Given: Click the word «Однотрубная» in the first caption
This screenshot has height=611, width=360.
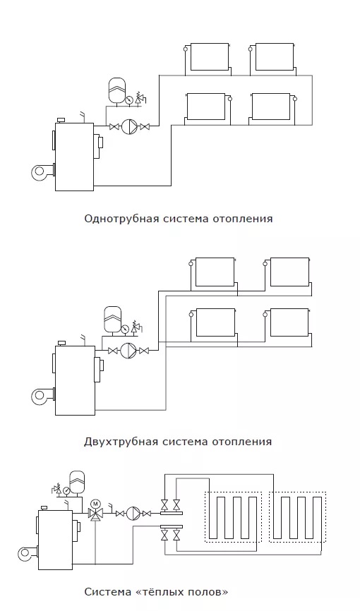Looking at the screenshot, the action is coord(121,218).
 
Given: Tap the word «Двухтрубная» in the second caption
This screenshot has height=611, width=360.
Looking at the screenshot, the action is coord(121,442).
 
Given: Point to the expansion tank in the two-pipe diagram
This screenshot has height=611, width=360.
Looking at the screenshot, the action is coord(113,319).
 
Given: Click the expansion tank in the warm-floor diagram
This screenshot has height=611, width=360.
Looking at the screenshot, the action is coord(77,483).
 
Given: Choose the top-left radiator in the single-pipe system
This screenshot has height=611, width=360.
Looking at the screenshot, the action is coord(210,57).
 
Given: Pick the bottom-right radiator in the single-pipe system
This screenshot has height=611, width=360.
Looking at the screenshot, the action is coord(270,107).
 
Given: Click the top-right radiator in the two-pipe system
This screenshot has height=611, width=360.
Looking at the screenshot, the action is coord(290,272).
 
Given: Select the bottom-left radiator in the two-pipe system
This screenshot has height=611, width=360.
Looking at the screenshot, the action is coord(216,322).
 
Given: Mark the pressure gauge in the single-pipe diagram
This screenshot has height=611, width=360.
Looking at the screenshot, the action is coord(128,99).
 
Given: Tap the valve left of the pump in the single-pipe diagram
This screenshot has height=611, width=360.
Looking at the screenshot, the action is coord(114,126).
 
